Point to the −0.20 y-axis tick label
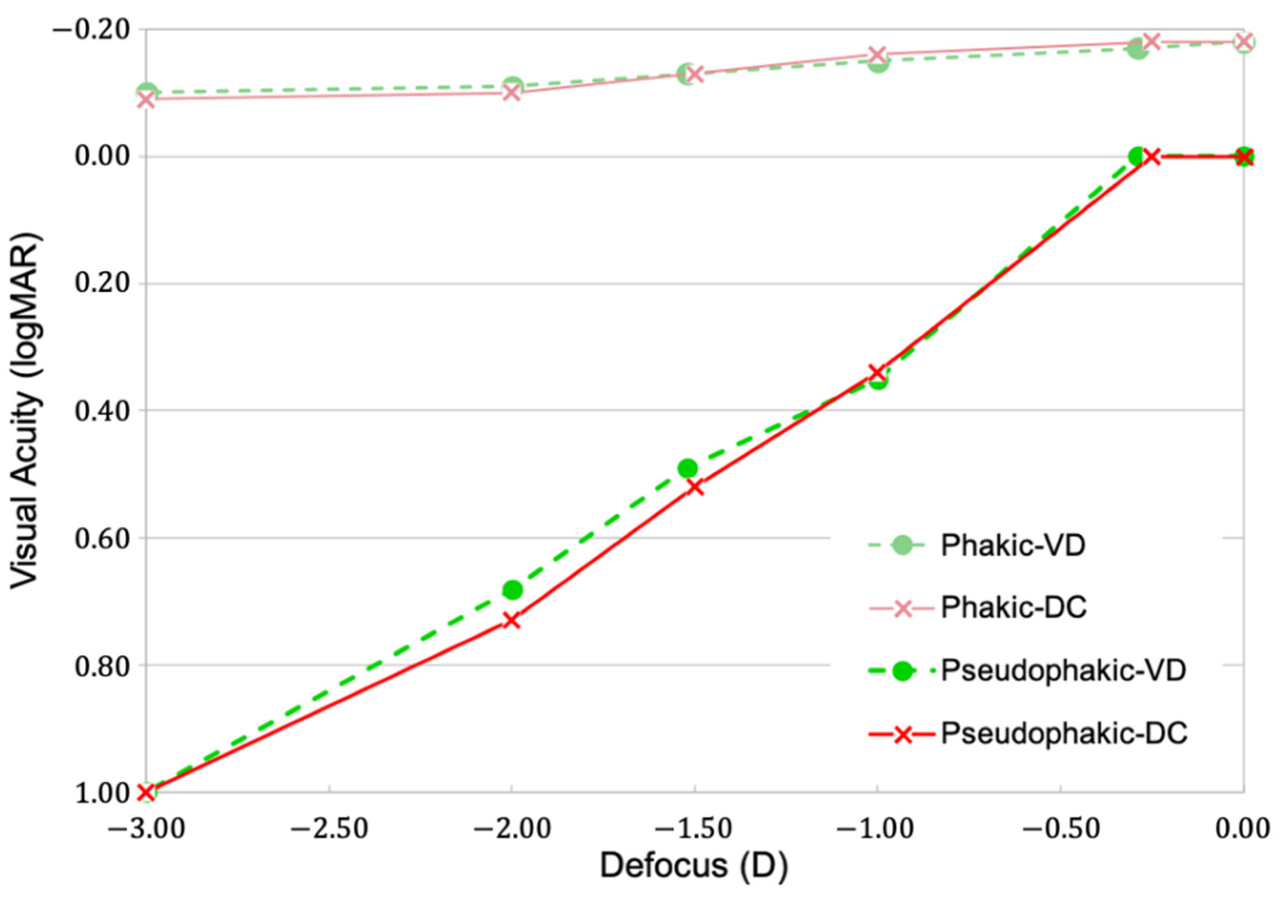tap(92, 29)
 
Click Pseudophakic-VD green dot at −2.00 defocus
tap(512, 589)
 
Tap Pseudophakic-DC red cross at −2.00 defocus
tap(512, 621)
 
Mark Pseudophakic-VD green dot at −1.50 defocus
tap(688, 468)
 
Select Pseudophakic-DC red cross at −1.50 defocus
tap(695, 487)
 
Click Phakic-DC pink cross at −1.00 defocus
tap(877, 55)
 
